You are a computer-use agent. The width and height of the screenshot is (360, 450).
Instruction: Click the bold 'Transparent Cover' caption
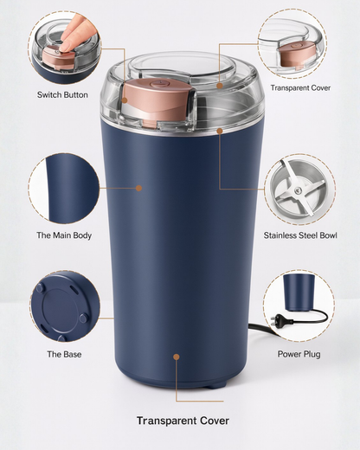tap(183, 421)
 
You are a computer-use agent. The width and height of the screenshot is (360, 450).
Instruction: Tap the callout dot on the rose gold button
tap(124, 99)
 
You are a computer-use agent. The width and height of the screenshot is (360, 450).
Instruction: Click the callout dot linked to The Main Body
tap(138, 186)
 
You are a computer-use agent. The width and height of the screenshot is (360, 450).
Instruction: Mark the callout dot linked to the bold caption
tap(177, 356)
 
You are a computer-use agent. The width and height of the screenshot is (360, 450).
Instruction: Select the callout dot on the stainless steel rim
tap(220, 131)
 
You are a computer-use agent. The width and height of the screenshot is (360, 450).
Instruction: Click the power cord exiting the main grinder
tap(259, 329)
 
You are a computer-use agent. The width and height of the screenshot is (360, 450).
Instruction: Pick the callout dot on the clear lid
tap(220, 85)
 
